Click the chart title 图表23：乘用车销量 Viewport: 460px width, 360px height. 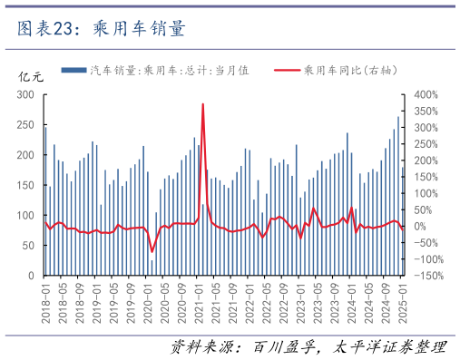click(x=102, y=29)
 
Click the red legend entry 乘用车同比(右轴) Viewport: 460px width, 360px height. click(x=349, y=70)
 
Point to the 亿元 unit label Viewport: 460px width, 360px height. click(x=31, y=76)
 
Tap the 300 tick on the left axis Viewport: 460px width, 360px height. click(x=25, y=94)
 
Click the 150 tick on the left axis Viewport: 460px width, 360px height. click(x=25, y=185)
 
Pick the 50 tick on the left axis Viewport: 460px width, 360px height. click(x=28, y=245)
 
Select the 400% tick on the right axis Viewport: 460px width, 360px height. click(x=426, y=94)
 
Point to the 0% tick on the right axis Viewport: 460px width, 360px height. click(x=420, y=226)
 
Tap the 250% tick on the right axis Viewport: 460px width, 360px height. click(x=426, y=143)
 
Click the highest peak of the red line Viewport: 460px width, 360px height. click(x=202, y=103)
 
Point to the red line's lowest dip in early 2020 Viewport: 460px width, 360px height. click(x=152, y=251)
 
